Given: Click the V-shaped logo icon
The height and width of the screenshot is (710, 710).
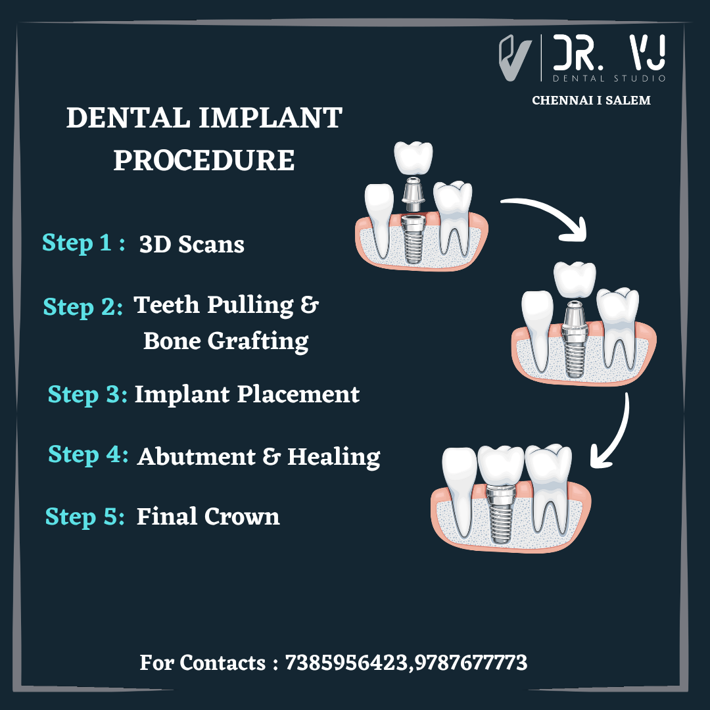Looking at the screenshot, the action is point(515,58).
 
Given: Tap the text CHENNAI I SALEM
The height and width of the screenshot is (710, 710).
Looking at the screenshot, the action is point(591,101).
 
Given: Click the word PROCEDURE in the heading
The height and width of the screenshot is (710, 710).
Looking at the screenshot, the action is point(204,160).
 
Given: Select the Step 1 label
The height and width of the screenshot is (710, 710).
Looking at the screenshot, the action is point(83,243).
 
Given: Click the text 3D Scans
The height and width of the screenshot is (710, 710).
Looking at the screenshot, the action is point(191,245).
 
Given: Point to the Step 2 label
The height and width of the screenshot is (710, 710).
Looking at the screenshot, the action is point(83,307).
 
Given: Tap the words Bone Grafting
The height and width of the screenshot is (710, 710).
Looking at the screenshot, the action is point(226,341).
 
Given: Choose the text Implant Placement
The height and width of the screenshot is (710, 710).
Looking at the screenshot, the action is point(247,394).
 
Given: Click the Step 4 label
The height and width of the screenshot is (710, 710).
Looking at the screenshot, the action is point(88,455).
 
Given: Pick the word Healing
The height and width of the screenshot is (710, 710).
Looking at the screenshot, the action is point(334,456).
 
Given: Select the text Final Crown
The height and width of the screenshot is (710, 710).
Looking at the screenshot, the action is point(208,517).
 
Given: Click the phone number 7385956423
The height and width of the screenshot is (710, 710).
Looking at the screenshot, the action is point(346,663).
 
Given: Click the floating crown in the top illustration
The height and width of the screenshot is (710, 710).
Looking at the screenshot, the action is point(413,158).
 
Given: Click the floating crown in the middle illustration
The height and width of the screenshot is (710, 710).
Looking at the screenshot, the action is point(575,279).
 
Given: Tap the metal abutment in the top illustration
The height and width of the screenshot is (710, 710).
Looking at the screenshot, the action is point(413,195).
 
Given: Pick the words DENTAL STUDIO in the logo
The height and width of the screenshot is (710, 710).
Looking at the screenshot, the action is point(609,78).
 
